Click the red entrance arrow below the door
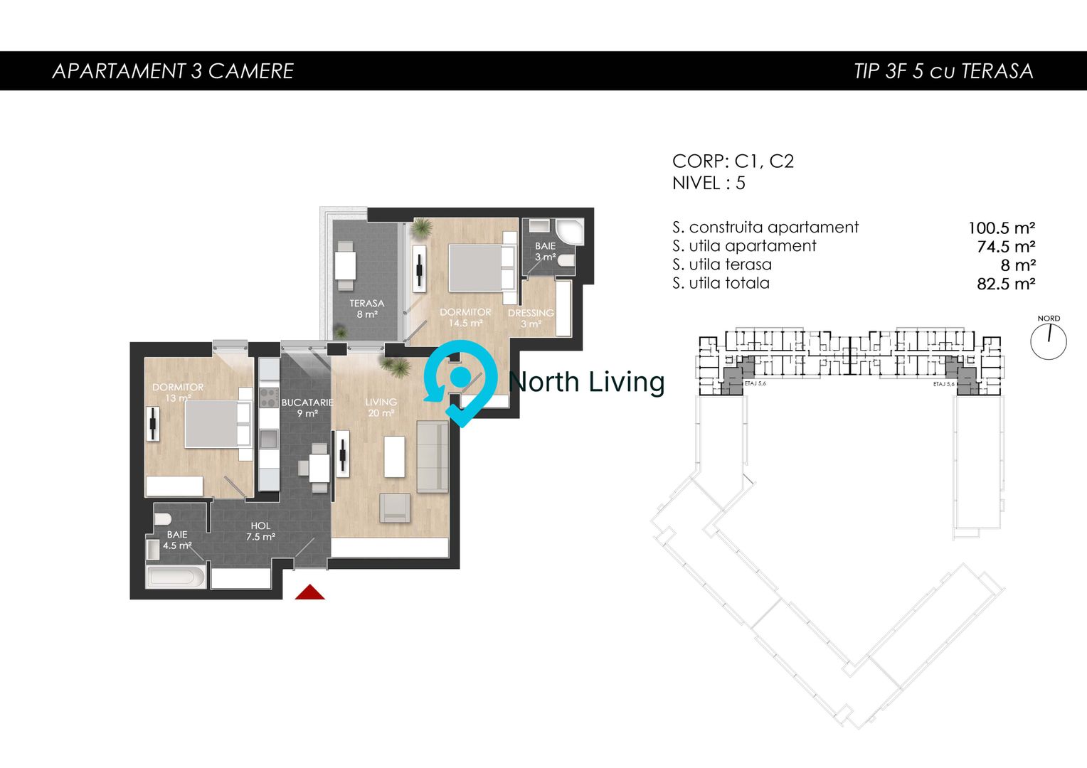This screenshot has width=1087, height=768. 309,592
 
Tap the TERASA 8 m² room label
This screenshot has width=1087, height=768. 366,309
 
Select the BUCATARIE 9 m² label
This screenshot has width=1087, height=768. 307,407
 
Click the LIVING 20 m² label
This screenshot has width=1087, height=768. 381,407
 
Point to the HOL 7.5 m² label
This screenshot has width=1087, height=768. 260,531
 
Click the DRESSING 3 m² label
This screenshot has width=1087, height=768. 531,318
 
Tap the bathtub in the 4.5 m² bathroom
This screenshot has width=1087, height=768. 176,575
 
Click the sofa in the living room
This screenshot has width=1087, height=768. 432,456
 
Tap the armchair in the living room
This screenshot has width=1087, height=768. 395,507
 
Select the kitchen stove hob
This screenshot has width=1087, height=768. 267,396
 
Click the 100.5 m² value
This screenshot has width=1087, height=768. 1001,228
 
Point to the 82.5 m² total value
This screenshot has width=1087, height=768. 1006,284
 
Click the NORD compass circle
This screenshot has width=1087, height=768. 1049,341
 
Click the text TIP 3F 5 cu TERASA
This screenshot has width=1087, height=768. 943,71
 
